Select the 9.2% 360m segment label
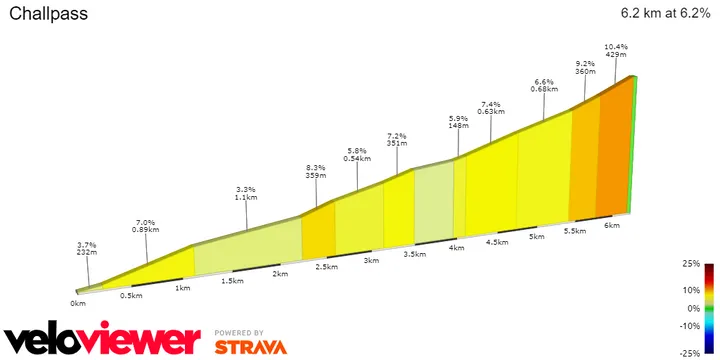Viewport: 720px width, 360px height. click(584, 66)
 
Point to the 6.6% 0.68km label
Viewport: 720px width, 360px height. click(544, 86)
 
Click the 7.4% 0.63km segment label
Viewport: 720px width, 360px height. click(490, 107)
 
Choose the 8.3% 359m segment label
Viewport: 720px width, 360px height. click(317, 171)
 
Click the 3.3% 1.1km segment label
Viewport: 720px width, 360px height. click(246, 193)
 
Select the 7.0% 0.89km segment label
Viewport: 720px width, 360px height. click(146, 225)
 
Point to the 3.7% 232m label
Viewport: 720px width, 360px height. click(86, 248)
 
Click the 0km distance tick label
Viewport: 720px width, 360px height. click(77, 303)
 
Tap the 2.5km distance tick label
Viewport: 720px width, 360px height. click(326, 266)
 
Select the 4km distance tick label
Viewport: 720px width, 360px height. click(456, 247)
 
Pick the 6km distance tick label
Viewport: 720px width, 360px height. click(612, 226)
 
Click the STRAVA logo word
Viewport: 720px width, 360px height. click(251, 347)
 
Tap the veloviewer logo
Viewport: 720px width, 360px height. click(102, 339)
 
